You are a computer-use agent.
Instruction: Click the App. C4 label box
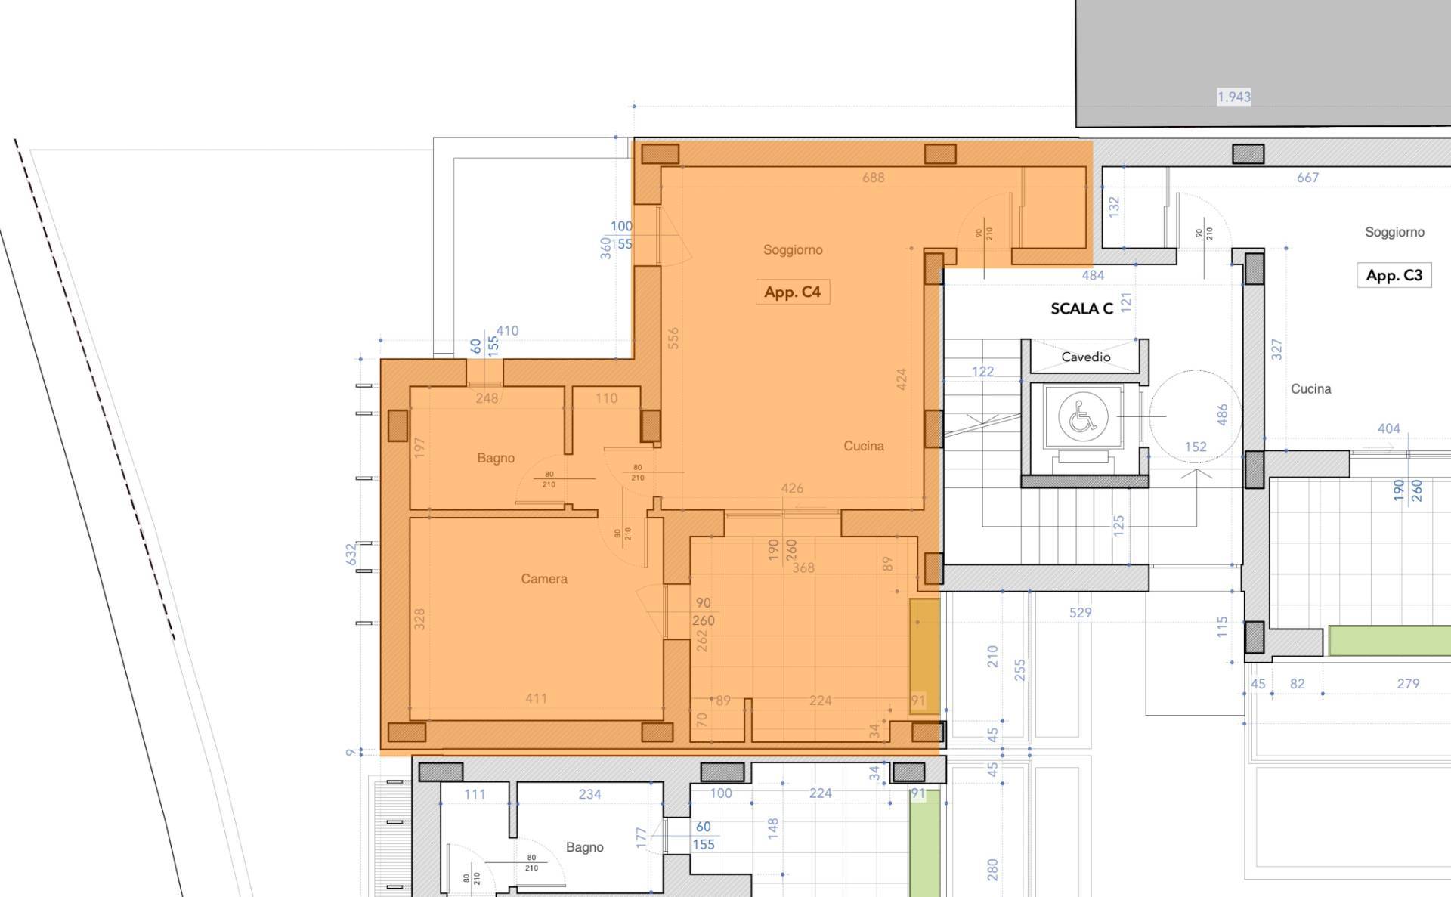point(792,292)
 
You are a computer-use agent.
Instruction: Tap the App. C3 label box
point(1394,275)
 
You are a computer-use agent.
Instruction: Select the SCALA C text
point(1081,308)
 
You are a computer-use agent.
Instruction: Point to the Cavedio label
point(1085,357)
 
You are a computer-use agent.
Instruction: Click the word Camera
point(543,579)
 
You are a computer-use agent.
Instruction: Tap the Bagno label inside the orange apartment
point(496,458)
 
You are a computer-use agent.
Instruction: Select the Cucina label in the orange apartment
point(863,446)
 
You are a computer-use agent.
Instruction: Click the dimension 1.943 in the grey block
point(1233,97)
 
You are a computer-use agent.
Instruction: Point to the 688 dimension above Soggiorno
point(873,178)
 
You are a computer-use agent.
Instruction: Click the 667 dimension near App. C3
point(1307,178)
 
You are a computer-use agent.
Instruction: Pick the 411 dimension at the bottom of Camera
point(536,698)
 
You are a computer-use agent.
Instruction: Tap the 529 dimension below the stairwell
point(1080,613)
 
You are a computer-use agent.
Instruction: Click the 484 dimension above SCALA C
point(1093,276)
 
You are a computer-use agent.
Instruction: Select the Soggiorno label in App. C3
point(1394,232)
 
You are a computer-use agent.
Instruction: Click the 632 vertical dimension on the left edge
point(351,554)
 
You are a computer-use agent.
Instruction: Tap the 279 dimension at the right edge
point(1407,684)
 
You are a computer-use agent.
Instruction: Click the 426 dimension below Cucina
point(792,488)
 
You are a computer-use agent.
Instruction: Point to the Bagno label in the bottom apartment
point(584,847)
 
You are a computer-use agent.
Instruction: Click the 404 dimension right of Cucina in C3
point(1388,428)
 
